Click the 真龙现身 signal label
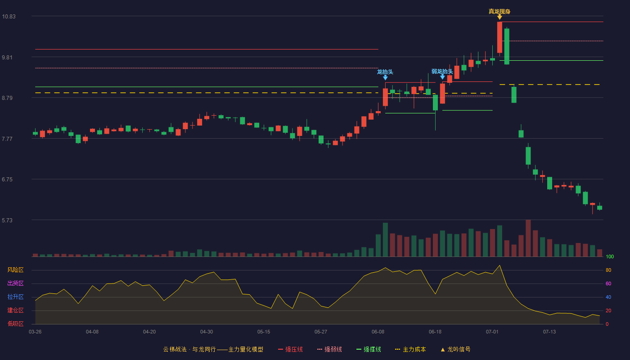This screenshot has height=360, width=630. (499, 12)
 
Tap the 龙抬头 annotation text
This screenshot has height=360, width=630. (385, 72)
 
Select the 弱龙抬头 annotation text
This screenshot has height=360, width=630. (442, 72)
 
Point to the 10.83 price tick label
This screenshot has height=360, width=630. (9, 17)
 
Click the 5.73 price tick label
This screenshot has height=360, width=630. (7, 220)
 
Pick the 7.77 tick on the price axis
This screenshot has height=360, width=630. (7, 139)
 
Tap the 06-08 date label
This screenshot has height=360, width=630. (378, 332)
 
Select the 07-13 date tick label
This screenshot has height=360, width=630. (549, 332)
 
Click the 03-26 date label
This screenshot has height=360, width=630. (35, 332)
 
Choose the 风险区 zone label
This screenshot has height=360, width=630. (15, 270)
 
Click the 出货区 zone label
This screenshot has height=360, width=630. (15, 283)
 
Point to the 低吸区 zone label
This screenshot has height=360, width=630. (15, 324)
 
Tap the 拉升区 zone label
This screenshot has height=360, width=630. (15, 297)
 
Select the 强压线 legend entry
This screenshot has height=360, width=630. (290, 349)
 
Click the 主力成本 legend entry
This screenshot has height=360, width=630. (410, 349)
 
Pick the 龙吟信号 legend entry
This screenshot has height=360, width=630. (455, 349)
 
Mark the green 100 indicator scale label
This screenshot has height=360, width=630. (610, 256)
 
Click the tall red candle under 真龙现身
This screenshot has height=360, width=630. (499, 37)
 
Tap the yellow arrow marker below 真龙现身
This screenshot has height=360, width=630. (499, 17)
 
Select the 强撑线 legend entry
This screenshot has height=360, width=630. (369, 349)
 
